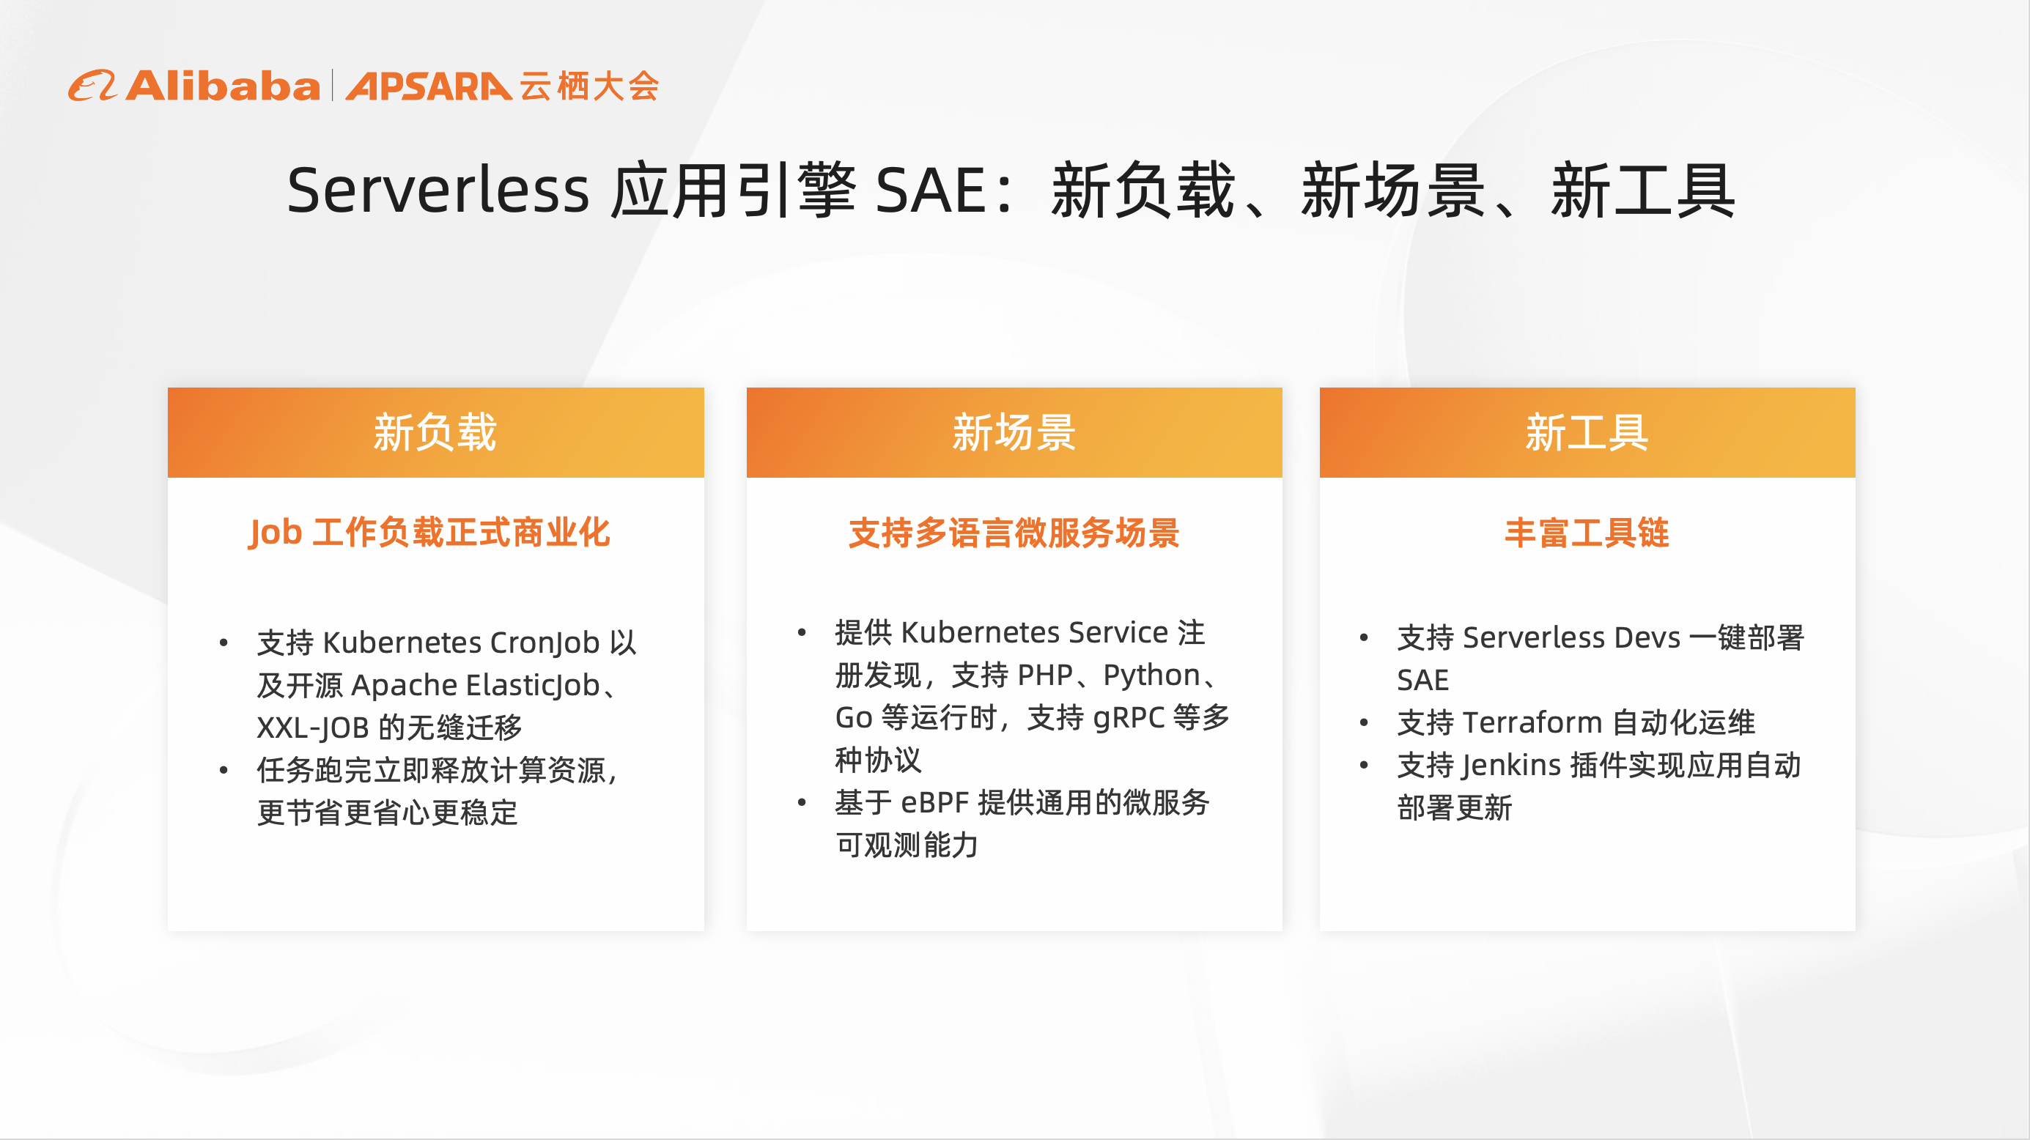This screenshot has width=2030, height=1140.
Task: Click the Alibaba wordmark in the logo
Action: coord(222,86)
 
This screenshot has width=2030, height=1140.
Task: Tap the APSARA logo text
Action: coord(427,86)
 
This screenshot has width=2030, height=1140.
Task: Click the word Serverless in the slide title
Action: coord(438,190)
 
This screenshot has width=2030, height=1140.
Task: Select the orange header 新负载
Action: coord(435,432)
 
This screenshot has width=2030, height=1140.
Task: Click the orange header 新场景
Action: coord(1014,432)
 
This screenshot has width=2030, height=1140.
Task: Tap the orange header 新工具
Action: coord(1587,432)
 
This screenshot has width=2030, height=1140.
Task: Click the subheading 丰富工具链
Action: coord(1587,533)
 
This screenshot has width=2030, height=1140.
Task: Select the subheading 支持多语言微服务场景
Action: coord(1014,533)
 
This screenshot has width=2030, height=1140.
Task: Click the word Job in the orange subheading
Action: coord(276,533)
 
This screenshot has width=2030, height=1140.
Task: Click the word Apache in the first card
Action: coord(405,686)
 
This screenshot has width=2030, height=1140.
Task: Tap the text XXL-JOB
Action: coord(313,728)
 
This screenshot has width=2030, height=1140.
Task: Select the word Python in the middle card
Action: coord(1151,676)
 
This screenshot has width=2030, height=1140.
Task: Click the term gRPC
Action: coord(1129,718)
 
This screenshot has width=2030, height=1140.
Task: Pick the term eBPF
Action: coord(934,803)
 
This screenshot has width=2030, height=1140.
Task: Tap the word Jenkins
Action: coord(1511,765)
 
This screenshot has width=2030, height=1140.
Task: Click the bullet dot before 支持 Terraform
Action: coord(1364,722)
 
